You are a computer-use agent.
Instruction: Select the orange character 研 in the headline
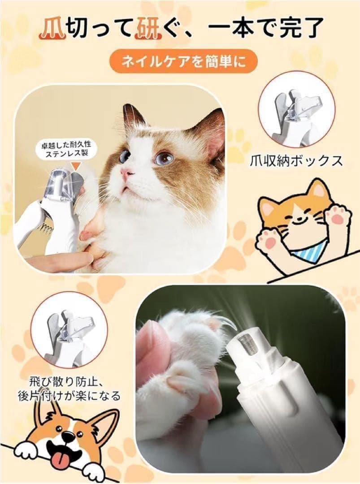tap(147, 29)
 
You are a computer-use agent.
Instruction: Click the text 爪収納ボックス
tap(296, 160)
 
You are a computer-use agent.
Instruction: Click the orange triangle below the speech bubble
tap(75, 165)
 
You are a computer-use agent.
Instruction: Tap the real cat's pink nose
tap(126, 173)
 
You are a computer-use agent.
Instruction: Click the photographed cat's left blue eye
tap(125, 154)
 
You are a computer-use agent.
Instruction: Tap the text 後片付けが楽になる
tap(69, 396)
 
